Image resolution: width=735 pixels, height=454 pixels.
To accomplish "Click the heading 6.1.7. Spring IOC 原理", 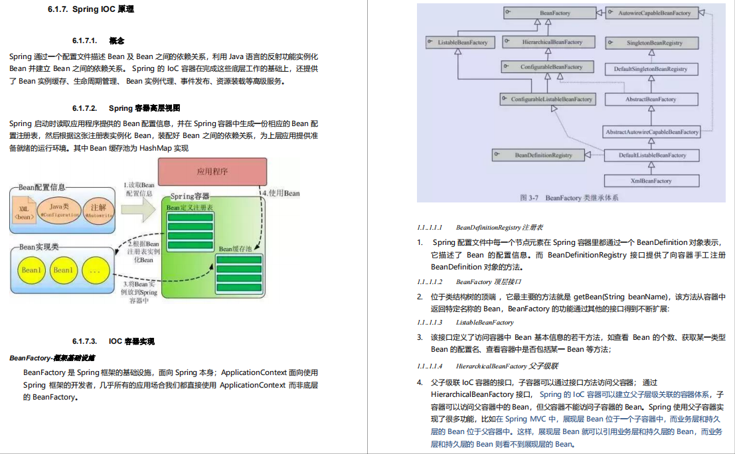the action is [91, 9].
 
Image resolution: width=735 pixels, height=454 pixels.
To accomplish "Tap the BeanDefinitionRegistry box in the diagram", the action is [538, 155].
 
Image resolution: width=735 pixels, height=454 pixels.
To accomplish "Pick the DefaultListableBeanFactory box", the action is [651, 155].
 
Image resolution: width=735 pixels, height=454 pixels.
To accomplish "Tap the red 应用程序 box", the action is [212, 171].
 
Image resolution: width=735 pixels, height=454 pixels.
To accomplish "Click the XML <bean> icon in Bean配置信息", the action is [24, 212].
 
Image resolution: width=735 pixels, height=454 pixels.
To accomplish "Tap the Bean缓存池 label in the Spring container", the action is [235, 249].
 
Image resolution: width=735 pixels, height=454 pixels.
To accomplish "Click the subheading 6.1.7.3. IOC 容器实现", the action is [114, 341].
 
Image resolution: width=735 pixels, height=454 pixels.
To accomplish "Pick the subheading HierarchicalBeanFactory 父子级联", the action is [507, 366].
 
